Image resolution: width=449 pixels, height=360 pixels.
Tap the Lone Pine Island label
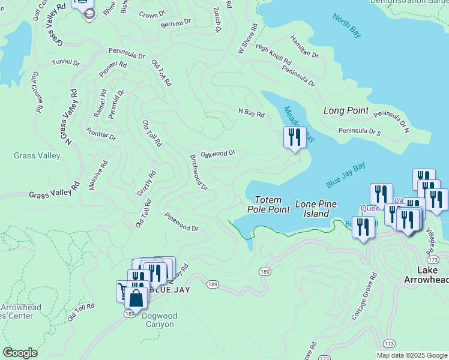click(313, 209)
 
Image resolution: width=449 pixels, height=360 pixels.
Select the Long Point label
click(345, 110)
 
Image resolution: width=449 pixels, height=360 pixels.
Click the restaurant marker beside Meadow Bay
click(295, 137)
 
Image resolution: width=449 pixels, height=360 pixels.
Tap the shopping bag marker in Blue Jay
click(137, 298)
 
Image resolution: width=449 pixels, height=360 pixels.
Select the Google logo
click(20, 353)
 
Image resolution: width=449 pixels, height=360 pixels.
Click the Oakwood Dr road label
click(217, 154)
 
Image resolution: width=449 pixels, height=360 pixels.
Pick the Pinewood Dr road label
click(181, 220)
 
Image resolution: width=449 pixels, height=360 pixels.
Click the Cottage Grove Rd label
click(364, 296)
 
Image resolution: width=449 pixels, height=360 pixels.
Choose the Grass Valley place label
click(37, 156)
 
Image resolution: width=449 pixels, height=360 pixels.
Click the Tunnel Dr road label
click(65, 62)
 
